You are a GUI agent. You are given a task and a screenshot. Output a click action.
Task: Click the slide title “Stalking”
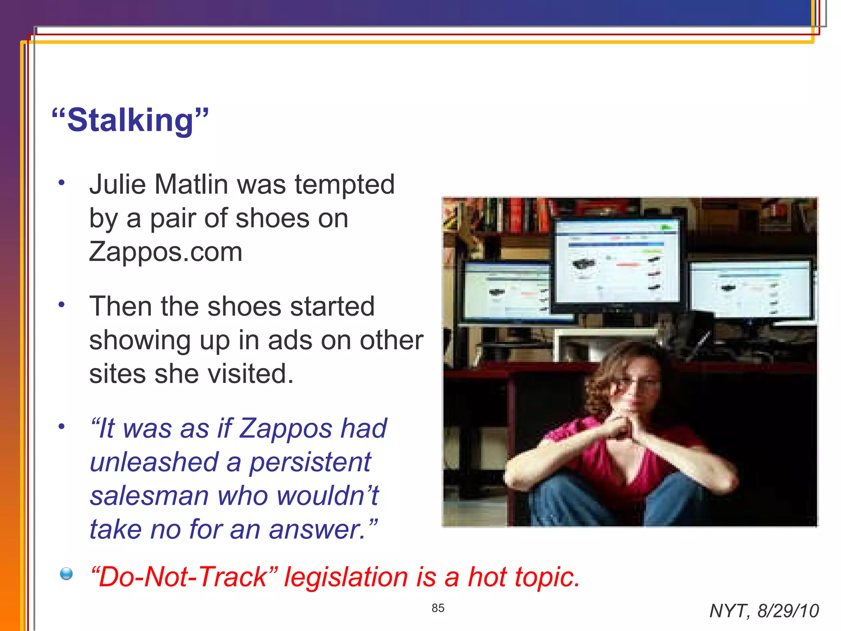point(130,120)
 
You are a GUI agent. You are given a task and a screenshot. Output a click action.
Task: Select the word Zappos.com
point(165,252)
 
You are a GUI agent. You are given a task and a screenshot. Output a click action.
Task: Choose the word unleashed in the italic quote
point(154,462)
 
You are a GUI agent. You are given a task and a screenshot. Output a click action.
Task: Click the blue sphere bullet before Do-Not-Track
point(66,574)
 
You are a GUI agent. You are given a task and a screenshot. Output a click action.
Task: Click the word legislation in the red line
point(346,577)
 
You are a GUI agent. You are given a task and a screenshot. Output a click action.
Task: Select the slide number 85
point(438,608)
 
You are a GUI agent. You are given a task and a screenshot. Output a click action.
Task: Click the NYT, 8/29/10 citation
point(764,611)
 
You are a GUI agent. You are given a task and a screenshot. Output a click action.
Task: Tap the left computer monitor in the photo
point(507,292)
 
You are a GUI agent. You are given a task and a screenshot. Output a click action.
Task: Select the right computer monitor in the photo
point(751,290)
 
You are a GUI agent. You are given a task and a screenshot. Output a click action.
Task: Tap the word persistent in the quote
point(310,462)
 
